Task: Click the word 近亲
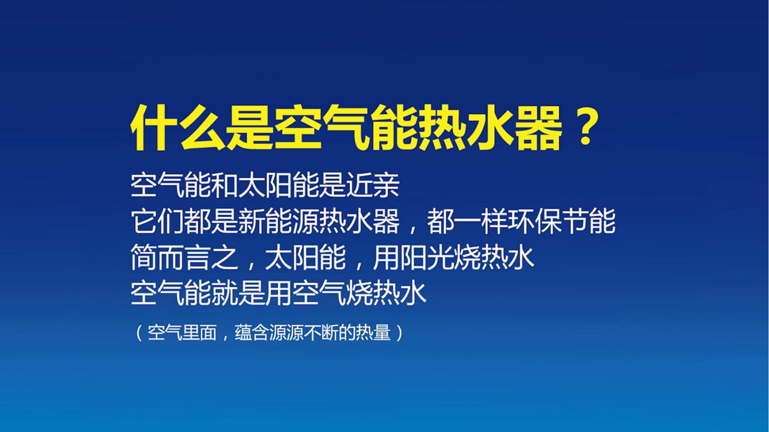point(372,186)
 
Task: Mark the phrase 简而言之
point(184,258)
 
